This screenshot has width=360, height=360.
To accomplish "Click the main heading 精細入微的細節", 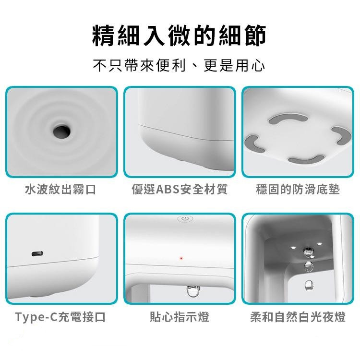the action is [180, 36].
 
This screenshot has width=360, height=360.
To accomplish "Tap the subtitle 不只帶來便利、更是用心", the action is [179, 65].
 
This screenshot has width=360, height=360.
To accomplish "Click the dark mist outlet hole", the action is [62, 132].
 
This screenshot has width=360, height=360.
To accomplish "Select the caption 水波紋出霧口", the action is [60, 190].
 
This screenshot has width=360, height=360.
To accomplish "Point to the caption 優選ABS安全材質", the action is [180, 190].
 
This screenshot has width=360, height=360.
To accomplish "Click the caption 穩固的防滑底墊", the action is [298, 190].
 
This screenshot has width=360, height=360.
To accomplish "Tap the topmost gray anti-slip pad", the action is [288, 118].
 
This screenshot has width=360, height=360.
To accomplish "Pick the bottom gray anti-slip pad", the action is [306, 160].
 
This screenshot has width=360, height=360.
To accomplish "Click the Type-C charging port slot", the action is [37, 254].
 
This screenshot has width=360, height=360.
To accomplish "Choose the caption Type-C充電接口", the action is [60, 317].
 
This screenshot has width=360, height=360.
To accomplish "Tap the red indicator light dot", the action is [181, 258].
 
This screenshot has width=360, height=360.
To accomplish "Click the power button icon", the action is [185, 219].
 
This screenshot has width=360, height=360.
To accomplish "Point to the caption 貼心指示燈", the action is [180, 317].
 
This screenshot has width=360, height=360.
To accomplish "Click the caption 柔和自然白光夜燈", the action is [298, 317].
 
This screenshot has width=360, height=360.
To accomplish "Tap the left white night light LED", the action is [293, 248].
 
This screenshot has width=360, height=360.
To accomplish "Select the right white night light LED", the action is [319, 244].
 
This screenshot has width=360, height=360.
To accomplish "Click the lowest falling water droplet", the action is [308, 286].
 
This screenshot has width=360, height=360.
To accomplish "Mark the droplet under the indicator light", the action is [192, 291].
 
